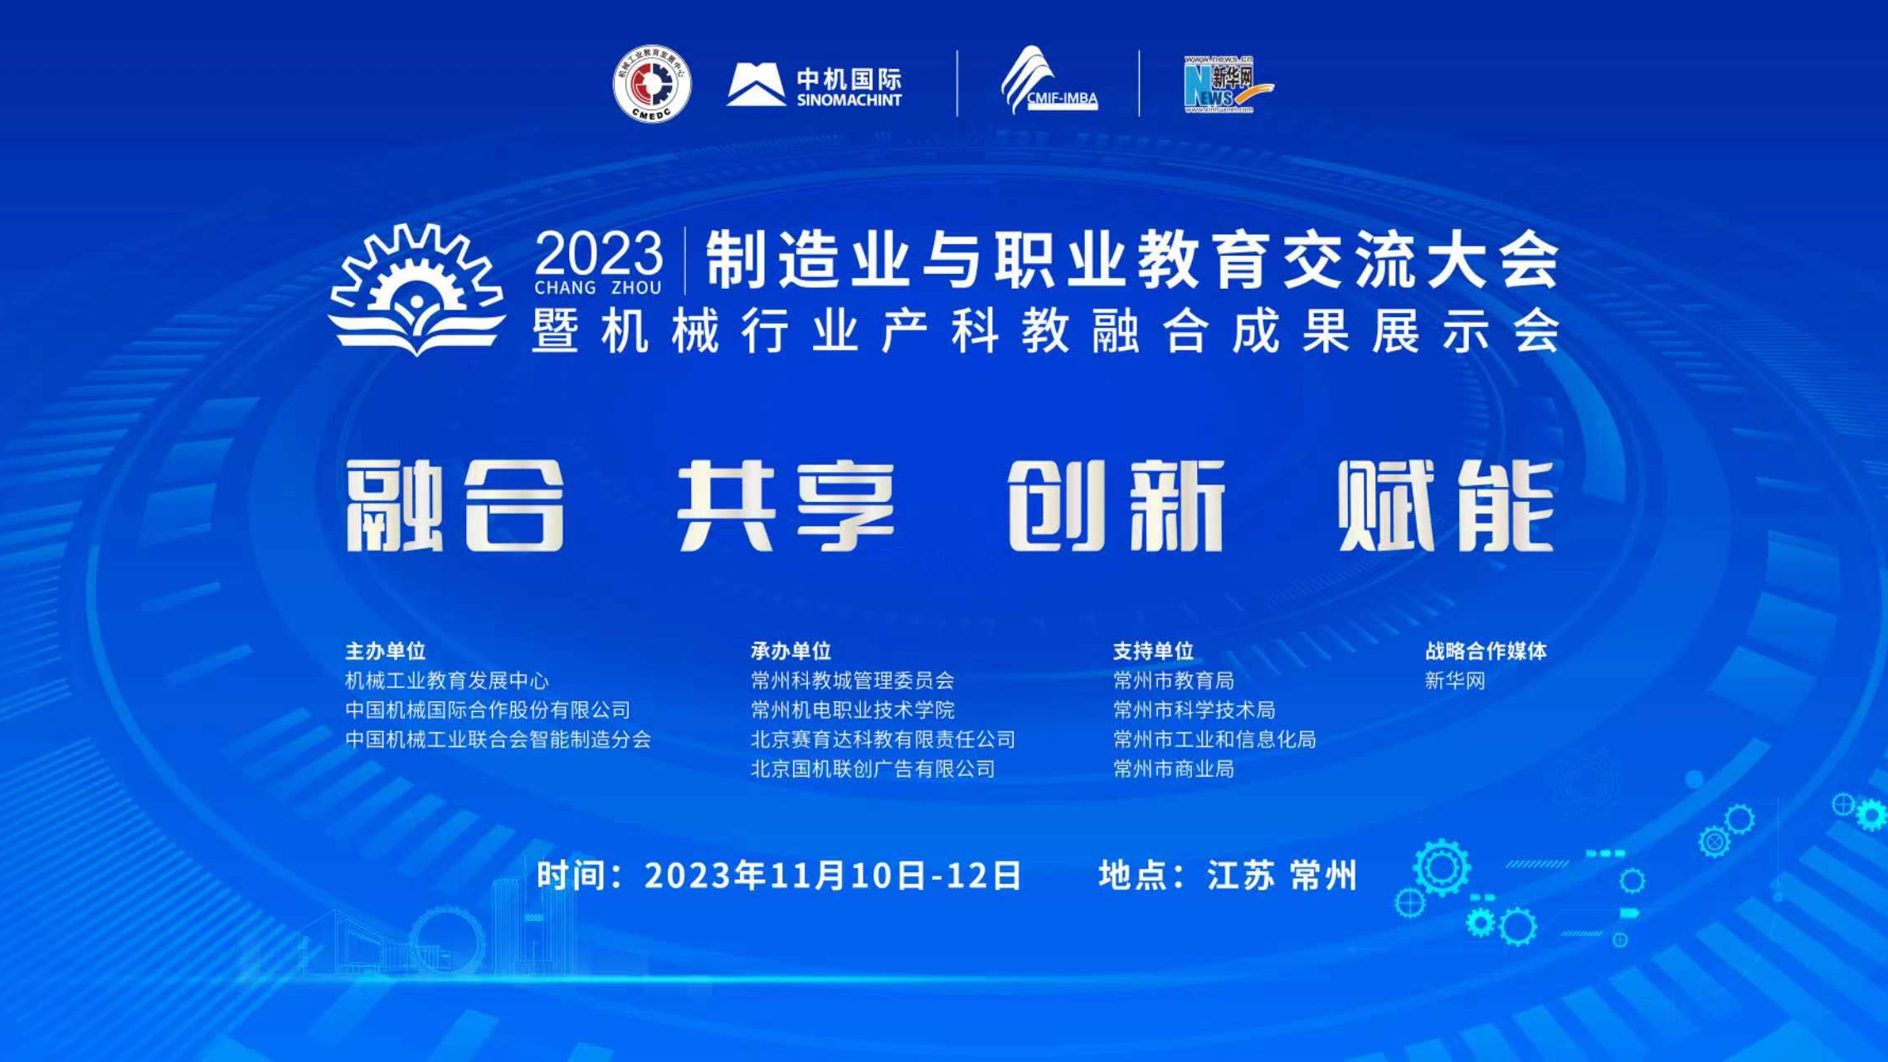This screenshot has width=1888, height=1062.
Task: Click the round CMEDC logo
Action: (652, 84)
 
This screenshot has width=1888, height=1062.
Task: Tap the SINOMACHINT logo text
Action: (849, 100)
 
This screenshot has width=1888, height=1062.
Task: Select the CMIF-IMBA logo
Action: (1049, 80)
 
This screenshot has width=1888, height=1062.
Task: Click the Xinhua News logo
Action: (1227, 84)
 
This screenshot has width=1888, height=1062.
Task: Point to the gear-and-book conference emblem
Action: (416, 289)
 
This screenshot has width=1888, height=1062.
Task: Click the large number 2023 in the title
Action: (599, 253)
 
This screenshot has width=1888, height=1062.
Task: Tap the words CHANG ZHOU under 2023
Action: (598, 288)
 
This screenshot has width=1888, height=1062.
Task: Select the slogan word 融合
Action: (455, 505)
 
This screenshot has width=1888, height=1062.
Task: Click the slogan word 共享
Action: (786, 505)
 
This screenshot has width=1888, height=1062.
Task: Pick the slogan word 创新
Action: (1117, 505)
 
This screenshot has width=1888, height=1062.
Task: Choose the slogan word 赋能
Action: (1445, 505)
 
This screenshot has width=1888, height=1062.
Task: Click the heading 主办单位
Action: (386, 651)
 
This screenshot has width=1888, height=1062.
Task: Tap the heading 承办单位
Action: (791, 651)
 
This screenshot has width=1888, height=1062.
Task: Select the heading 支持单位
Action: (1154, 651)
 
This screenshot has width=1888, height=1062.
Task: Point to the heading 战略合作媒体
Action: (1487, 651)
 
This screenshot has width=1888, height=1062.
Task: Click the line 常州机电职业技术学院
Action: (853, 710)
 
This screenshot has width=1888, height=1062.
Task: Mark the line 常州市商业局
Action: (1174, 769)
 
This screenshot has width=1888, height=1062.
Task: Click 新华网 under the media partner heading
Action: (1456, 681)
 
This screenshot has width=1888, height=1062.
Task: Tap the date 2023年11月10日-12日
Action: (833, 876)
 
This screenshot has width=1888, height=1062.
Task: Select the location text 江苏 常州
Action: (1282, 876)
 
